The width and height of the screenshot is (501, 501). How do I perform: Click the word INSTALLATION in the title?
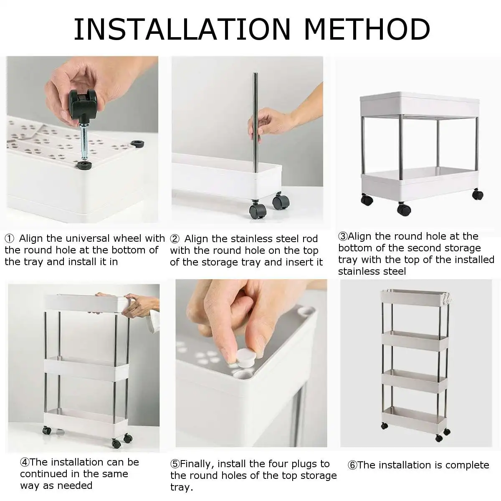tap(182, 29)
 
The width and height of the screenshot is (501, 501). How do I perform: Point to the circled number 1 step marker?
tap(9, 239)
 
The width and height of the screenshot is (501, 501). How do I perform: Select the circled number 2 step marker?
tap(175, 239)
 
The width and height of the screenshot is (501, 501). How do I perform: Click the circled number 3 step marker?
tap(342, 237)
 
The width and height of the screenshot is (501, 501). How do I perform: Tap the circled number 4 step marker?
tap(25, 463)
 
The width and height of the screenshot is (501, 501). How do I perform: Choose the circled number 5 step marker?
tap(175, 464)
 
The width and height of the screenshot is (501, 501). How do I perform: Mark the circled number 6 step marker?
tap(352, 466)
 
